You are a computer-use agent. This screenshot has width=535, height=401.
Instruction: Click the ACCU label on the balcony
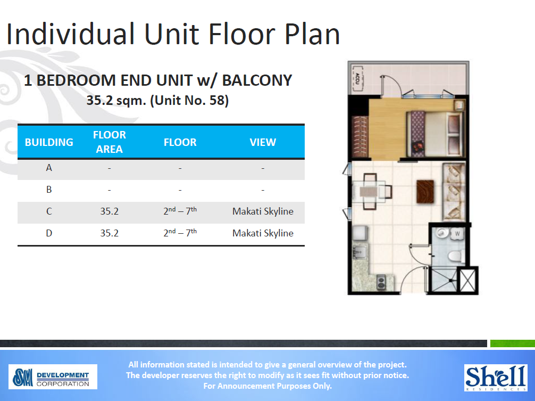click(357, 78)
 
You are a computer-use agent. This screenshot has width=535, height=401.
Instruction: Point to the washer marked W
click(458, 233)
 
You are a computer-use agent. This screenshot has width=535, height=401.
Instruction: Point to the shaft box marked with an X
click(468, 280)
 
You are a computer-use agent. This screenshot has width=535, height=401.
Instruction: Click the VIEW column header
click(263, 142)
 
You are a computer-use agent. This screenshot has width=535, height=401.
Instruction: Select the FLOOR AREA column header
click(109, 142)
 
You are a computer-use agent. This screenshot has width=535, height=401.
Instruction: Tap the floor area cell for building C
click(109, 211)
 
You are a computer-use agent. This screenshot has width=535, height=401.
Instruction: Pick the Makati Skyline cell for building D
click(263, 233)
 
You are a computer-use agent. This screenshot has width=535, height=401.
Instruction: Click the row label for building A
click(49, 168)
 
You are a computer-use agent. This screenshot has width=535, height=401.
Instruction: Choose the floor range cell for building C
click(180, 211)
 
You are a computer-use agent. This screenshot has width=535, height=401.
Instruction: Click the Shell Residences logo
click(495, 377)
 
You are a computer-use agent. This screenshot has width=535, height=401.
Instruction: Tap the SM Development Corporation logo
click(53, 377)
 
